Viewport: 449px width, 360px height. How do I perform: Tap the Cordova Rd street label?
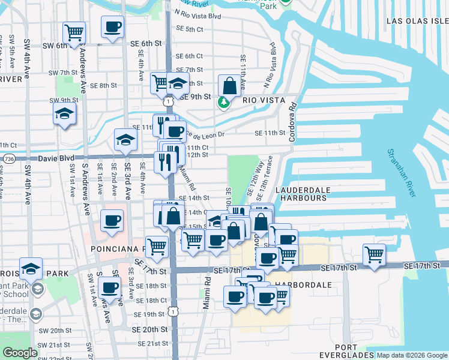click(x=292, y=121)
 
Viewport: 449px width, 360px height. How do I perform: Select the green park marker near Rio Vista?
click(x=223, y=103)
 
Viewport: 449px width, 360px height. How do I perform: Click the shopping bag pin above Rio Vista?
click(x=229, y=85)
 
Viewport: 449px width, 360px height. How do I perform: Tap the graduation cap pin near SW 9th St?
click(x=64, y=113)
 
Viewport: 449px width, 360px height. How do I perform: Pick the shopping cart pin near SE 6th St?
click(x=74, y=32)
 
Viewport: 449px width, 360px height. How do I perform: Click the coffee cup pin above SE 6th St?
click(x=112, y=26)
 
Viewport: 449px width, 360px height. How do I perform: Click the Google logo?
click(x=20, y=353)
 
